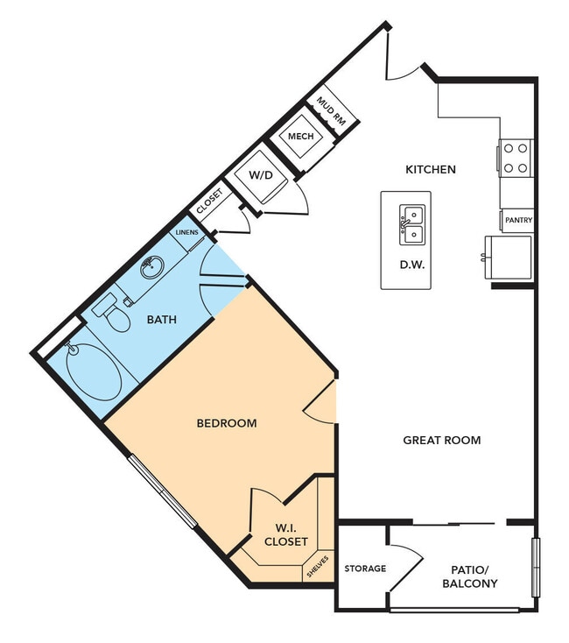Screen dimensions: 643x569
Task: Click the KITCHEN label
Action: click(430, 169)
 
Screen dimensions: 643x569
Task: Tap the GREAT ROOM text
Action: click(441, 440)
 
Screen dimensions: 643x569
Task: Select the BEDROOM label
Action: click(227, 423)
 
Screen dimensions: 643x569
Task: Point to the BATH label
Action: click(161, 320)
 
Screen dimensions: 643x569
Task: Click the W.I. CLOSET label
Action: click(284, 533)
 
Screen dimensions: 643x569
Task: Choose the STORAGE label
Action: click(364, 569)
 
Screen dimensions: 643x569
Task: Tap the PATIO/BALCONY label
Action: click(469, 576)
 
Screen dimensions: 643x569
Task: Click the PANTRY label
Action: click(518, 220)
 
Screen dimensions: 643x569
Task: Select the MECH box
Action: click(301, 136)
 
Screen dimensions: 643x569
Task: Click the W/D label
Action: click(261, 175)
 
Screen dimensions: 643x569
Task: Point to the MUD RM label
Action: click(330, 113)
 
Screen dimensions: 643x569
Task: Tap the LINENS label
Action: click(187, 232)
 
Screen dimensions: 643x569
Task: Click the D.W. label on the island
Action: click(411, 265)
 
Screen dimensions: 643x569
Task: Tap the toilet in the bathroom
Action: click(112, 313)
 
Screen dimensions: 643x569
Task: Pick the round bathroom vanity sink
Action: click(152, 267)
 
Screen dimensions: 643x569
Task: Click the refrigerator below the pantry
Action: click(509, 257)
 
